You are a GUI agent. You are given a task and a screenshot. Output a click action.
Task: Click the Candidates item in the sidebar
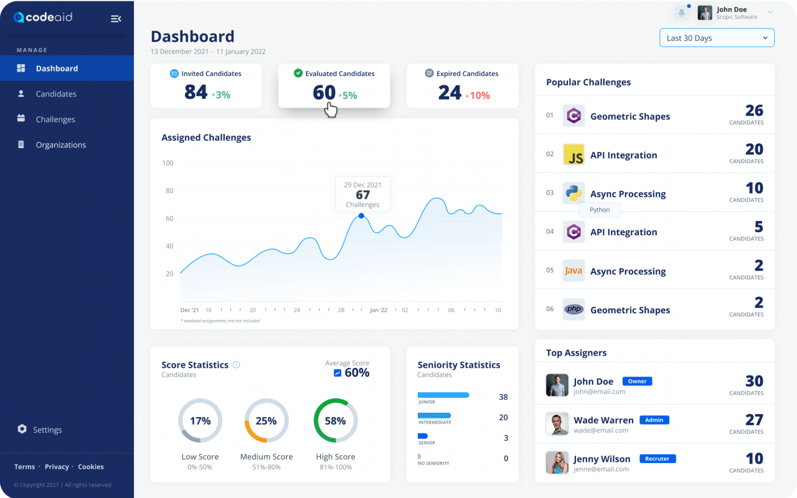pos(55,94)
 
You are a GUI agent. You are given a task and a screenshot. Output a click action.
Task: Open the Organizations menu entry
pos(60,145)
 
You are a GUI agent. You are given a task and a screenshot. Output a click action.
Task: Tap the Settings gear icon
pos(22,429)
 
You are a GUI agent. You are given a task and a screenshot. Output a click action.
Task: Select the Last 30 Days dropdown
pos(717,38)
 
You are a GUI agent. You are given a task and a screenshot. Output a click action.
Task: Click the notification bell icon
pos(682,12)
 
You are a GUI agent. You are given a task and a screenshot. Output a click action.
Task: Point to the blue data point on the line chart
pos(361,216)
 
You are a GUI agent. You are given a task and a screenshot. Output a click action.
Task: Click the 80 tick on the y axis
pos(168,191)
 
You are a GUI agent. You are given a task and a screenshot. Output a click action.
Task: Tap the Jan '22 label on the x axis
pos(379,310)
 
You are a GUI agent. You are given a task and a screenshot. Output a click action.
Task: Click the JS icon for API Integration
pos(573,155)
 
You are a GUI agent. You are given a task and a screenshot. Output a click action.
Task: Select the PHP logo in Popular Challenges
pos(573,309)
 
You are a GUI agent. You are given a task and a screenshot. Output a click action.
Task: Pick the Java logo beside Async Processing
pos(573,271)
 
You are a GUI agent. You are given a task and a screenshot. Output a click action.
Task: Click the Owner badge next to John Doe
pos(637,381)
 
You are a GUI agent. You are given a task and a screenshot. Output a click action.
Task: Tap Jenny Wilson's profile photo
pos(557,463)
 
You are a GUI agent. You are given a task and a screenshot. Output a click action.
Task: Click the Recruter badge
pos(657,459)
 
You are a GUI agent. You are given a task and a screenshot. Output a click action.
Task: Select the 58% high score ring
pos(336,421)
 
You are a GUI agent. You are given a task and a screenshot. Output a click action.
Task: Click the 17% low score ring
pos(200,421)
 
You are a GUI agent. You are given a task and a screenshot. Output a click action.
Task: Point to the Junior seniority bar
pos(443,395)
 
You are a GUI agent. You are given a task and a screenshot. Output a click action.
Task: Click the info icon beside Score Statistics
pos(236,365)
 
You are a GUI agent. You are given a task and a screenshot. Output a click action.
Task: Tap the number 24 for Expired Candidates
pos(450,92)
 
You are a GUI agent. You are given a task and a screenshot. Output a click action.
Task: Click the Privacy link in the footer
pos(57,467)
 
